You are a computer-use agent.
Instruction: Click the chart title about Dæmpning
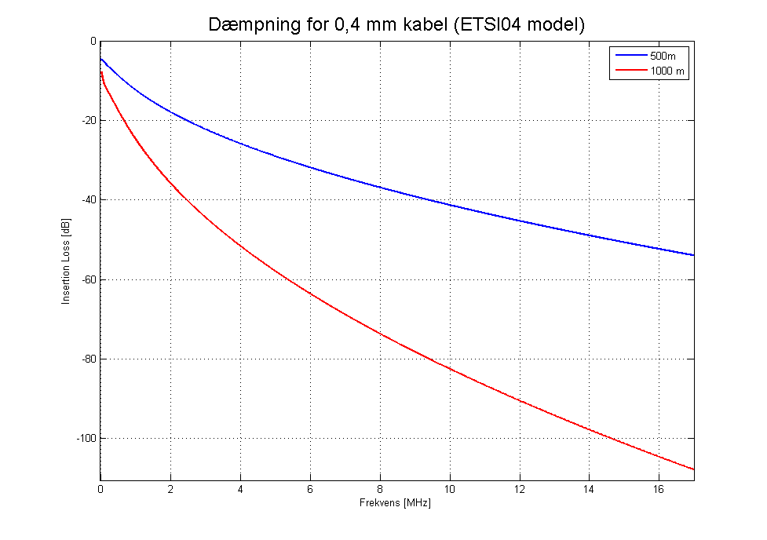397,24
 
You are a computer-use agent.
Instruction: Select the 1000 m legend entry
667,71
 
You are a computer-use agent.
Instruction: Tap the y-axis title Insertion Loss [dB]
68,260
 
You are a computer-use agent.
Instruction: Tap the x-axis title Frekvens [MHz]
397,503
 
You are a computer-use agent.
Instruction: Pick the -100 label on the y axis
83,438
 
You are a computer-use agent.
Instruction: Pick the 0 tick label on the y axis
92,41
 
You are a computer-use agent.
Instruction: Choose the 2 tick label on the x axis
170,490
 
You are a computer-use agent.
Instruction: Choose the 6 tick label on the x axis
310,490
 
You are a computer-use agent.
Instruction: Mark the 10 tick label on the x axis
450,490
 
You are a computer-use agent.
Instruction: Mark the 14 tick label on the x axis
590,490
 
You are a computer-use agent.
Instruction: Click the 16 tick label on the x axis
659,490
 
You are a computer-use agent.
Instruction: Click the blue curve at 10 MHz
450,205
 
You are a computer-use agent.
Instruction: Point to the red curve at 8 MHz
380,334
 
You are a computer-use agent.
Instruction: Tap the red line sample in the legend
630,71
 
